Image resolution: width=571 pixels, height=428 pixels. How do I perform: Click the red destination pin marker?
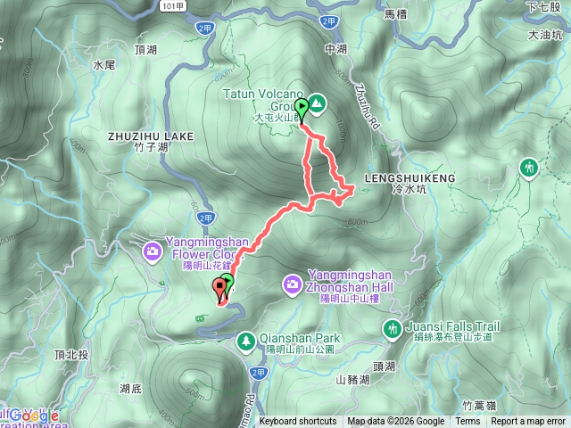tap(219, 288)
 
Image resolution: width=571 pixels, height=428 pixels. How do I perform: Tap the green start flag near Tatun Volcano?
tap(302, 110)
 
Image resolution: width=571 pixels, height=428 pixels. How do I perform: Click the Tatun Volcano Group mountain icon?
tap(319, 103)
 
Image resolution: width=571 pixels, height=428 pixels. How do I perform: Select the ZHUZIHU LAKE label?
tap(150, 136)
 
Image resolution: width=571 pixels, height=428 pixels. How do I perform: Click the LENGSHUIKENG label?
tap(410, 178)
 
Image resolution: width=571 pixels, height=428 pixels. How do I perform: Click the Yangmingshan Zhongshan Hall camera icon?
tap(292, 284)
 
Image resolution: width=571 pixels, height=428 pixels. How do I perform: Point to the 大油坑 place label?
tap(546, 36)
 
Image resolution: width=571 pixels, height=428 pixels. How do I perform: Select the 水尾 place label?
tap(104, 65)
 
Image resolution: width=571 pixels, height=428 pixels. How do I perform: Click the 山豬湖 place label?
tap(353, 379)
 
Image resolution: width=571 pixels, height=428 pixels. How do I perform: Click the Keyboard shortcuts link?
tap(298, 422)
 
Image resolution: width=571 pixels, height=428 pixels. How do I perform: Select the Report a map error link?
tap(528, 422)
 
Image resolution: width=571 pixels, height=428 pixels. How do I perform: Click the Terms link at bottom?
tap(467, 422)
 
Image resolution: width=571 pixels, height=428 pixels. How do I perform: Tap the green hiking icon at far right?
tap(530, 167)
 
